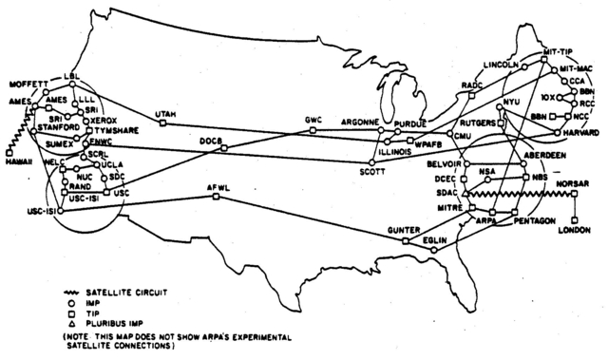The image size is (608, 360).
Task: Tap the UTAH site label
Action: (163, 114)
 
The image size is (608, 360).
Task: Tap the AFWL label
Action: (219, 187)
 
